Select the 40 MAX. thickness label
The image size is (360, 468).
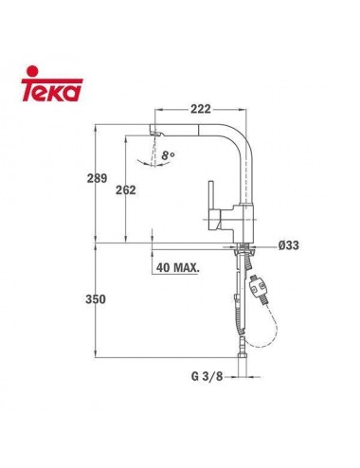pyautogui.click(x=175, y=268)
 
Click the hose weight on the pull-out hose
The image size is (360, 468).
pyautogui.click(x=257, y=283)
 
